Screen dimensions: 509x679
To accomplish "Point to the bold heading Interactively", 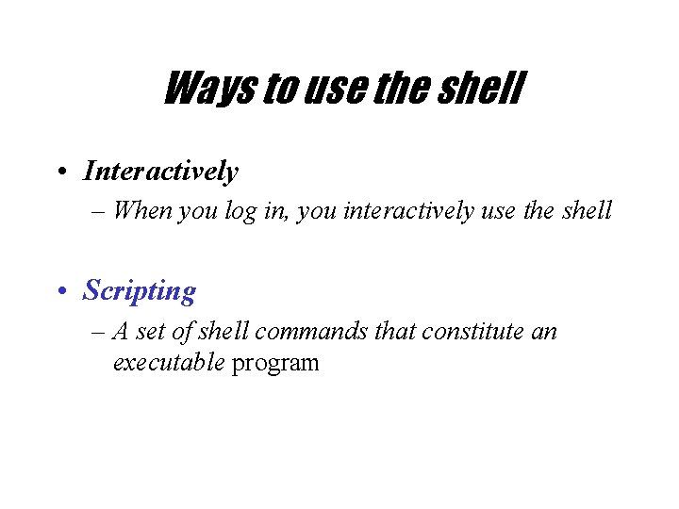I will tap(160, 172).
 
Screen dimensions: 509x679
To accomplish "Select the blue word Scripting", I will tap(140, 291).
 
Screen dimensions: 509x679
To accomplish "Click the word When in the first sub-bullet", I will tap(142, 211).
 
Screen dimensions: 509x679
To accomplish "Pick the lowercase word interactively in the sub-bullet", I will tap(407, 211).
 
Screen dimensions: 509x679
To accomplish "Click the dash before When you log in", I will tap(100, 212).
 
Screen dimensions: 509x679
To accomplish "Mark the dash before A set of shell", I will tap(100, 333).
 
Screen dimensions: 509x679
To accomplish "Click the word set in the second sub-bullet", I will tap(151, 332).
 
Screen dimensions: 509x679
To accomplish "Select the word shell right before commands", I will tap(224, 332).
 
